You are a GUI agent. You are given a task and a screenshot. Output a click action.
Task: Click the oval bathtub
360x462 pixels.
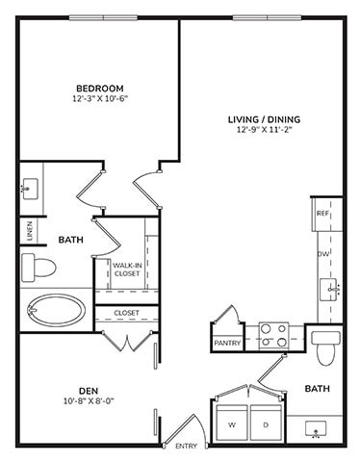[x=52, y=313]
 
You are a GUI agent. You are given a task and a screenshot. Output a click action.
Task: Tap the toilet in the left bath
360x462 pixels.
[x=41, y=264]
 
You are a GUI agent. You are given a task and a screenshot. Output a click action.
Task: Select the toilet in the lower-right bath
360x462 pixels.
[x=325, y=346]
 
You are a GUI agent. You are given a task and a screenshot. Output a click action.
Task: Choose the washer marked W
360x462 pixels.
[x=232, y=423]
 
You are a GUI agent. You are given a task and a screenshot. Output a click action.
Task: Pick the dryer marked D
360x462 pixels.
[x=263, y=423]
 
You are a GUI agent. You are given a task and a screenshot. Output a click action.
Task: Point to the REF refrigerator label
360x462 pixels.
[x=324, y=213]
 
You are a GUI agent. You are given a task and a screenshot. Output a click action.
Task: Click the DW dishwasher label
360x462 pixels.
[x=324, y=253]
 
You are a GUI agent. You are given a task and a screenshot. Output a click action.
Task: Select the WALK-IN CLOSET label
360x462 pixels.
[x=126, y=269]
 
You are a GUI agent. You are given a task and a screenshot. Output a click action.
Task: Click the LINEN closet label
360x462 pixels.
[x=29, y=230]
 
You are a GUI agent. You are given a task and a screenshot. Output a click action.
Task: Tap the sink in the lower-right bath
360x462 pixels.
[x=314, y=430]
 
